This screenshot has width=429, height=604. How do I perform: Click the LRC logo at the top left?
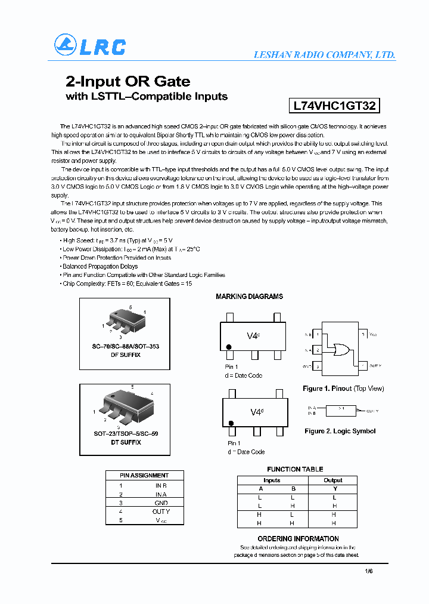[90, 45]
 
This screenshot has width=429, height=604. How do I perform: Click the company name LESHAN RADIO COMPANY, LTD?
[324, 55]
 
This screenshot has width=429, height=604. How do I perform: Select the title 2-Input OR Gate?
[128, 81]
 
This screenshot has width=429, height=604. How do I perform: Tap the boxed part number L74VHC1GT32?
[334, 106]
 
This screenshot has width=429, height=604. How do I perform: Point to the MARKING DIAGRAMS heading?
[249, 297]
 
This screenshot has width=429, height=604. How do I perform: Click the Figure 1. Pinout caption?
[343, 389]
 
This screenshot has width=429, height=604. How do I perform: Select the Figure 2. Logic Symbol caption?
[340, 431]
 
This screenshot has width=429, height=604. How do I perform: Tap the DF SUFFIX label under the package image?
[126, 355]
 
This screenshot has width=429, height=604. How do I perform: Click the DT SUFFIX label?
[126, 442]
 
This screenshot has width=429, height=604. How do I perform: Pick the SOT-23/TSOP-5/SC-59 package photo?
[127, 406]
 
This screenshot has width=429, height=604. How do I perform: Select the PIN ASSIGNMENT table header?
[144, 475]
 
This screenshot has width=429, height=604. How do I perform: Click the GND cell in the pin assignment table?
[161, 503]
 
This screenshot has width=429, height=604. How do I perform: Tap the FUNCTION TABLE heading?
[295, 470]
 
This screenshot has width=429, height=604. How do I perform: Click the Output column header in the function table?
[333, 480]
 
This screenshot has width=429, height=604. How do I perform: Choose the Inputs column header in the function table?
[272, 480]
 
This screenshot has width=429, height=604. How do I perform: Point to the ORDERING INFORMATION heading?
[298, 539]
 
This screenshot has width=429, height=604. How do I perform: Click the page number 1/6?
[368, 571]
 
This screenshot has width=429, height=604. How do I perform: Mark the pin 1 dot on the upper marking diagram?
[228, 347]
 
